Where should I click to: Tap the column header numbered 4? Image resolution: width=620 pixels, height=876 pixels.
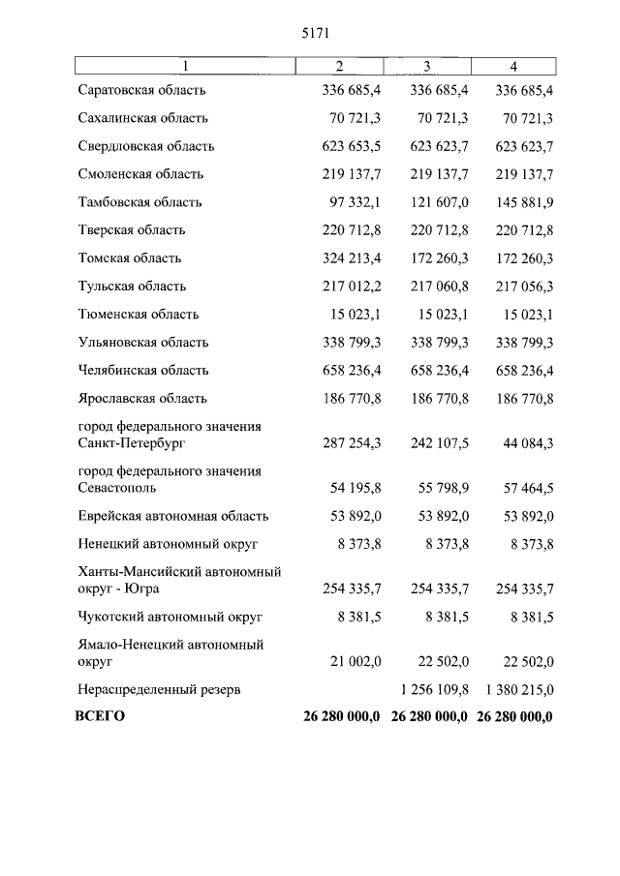pyautogui.click(x=513, y=67)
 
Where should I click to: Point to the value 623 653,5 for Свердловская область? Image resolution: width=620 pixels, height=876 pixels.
pyautogui.click(x=351, y=147)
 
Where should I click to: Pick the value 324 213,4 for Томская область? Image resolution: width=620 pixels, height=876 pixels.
pyautogui.click(x=351, y=258)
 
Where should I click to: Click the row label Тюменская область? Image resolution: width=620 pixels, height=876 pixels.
pyautogui.click(x=139, y=315)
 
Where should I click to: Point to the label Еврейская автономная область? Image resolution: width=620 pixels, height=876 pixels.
pyautogui.click(x=173, y=516)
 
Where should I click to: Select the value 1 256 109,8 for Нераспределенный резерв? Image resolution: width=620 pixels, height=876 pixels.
pyautogui.click(x=434, y=689)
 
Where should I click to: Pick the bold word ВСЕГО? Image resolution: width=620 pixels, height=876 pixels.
pyautogui.click(x=101, y=717)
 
